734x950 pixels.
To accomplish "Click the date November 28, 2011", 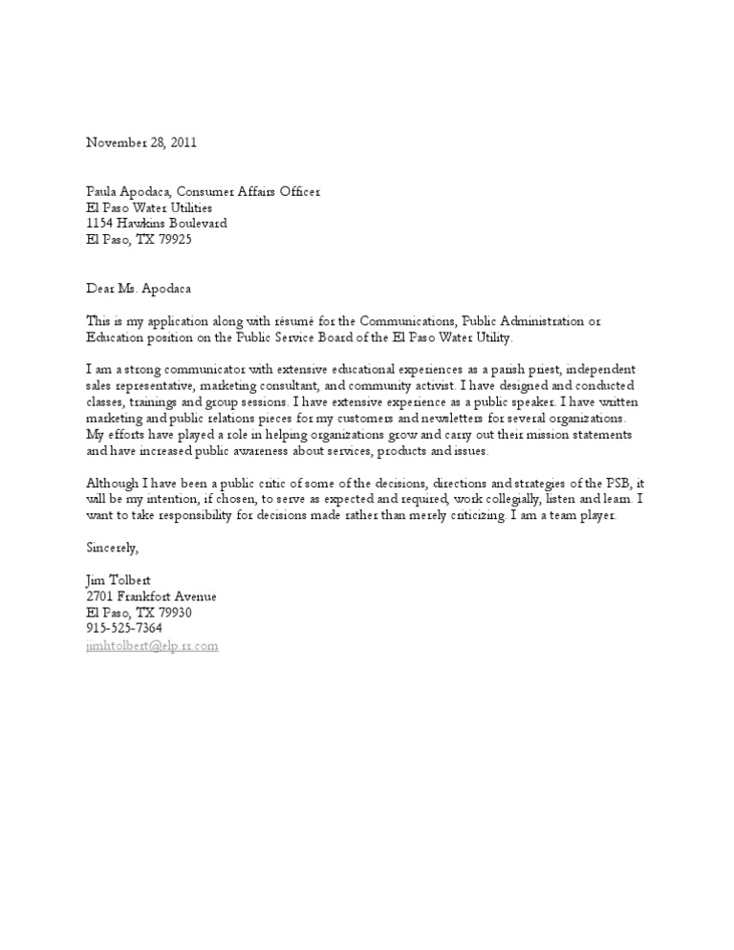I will [x=141, y=142].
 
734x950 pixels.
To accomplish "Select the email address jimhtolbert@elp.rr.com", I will [x=153, y=645].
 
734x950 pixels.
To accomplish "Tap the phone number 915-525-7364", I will [x=124, y=628].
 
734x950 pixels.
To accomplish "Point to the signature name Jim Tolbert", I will [x=117, y=580].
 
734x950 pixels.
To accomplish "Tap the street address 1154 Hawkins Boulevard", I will [x=157, y=224].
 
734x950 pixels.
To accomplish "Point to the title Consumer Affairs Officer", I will [x=257, y=191].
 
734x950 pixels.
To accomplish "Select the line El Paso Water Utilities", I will [x=149, y=207].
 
